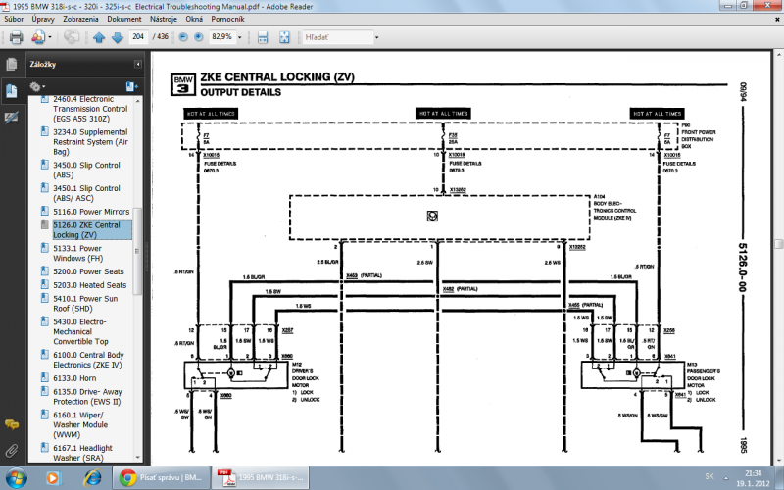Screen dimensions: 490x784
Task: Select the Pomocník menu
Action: (228, 19)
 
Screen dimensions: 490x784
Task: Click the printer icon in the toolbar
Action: (16, 37)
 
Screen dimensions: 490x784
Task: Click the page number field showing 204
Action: (138, 37)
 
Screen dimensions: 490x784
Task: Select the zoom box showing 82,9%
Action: (222, 37)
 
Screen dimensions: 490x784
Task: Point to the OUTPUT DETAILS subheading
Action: (241, 92)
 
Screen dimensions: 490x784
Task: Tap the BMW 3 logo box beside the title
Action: (182, 82)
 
